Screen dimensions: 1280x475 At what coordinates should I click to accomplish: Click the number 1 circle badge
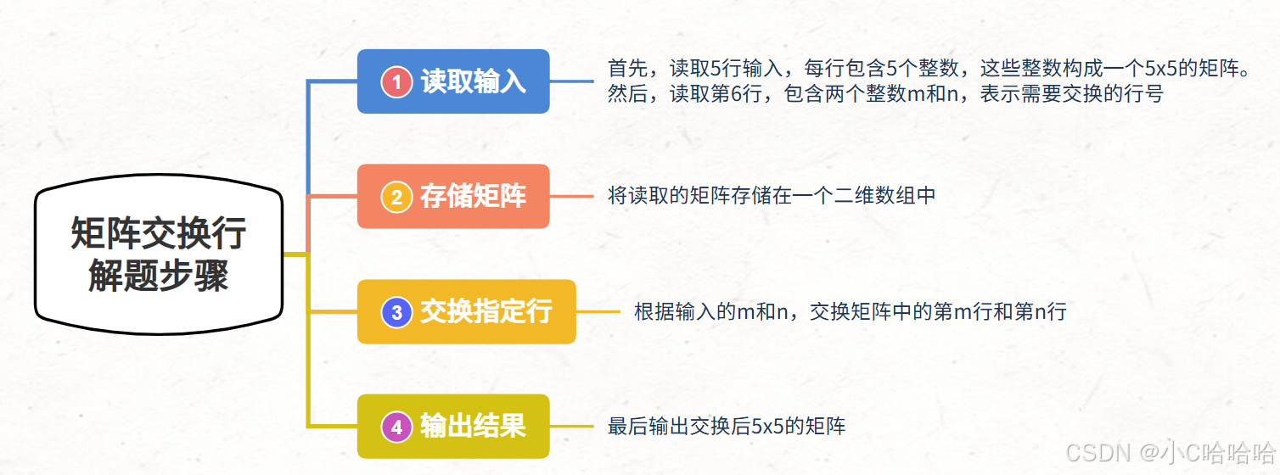coord(396,81)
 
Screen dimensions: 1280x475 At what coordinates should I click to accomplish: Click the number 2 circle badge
coord(396,197)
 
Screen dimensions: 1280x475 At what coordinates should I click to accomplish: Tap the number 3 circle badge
coord(396,312)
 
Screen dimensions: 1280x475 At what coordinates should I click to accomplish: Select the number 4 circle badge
coord(396,427)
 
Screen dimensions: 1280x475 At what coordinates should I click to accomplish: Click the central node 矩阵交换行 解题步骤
coord(159,254)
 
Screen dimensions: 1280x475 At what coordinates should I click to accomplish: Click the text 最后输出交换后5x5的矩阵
coord(727,426)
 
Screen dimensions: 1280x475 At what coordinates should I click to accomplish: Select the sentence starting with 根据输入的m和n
coord(850,311)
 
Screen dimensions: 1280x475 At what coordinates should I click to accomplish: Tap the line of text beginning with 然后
coord(885,94)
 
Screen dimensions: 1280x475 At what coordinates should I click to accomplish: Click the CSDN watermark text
coord(1171,453)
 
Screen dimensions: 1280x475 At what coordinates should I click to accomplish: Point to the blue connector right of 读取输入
coord(571,81)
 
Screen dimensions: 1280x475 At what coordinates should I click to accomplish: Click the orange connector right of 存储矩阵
coord(571,196)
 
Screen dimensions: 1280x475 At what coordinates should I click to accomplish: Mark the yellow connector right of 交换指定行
coord(598,311)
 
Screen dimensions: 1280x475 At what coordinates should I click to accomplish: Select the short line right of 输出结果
coord(571,426)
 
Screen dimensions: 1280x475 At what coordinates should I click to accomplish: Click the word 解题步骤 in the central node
coord(159,276)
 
